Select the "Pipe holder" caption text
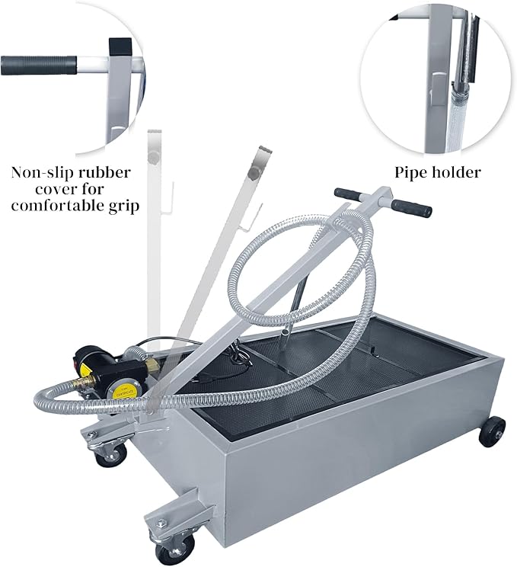[437, 172]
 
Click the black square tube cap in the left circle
[120, 47]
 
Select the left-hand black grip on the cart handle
[349, 195]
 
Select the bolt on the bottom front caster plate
[161, 520]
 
